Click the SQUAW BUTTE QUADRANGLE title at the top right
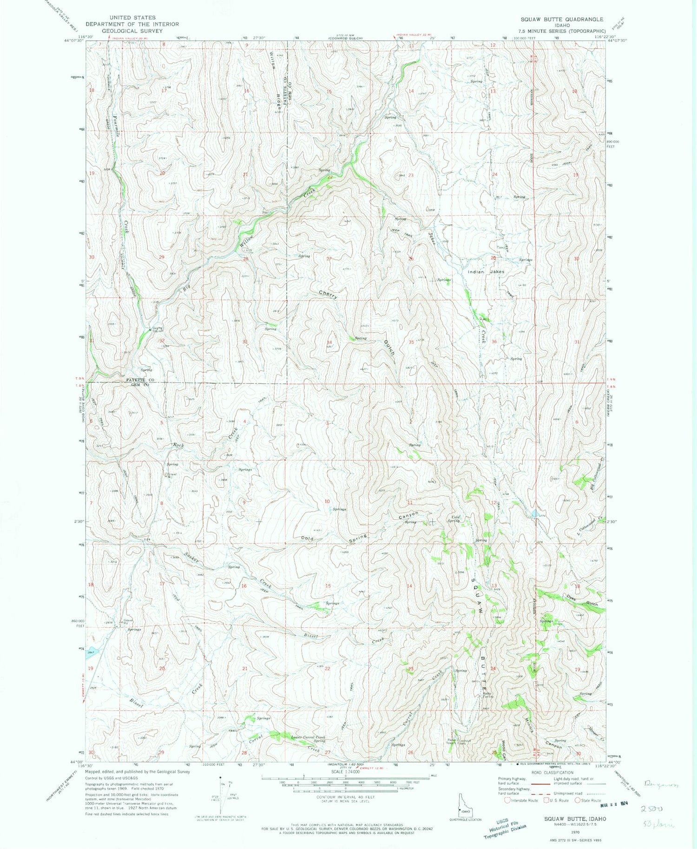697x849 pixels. [x=562, y=19]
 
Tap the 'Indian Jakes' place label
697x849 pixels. [x=486, y=272]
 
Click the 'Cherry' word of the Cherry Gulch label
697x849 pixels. [x=328, y=294]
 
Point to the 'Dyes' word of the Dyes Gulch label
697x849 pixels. [x=571, y=599]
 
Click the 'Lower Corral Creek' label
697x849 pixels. [x=308, y=737]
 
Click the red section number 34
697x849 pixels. [x=329, y=342]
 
